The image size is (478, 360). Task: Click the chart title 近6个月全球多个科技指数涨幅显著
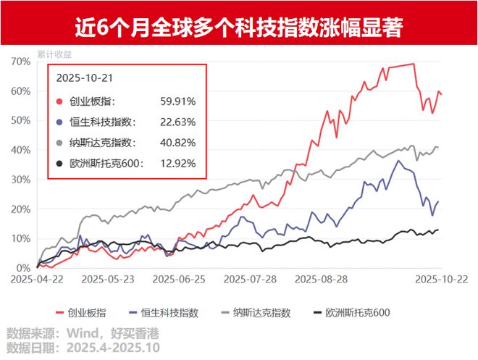(239, 28)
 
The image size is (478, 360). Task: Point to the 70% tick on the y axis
(20, 62)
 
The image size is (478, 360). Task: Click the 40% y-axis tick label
(20, 150)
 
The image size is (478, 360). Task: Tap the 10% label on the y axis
(20, 238)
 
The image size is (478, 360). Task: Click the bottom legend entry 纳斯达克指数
(261, 313)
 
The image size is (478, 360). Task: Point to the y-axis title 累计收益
(51, 53)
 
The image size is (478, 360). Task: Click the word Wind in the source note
(82, 333)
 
